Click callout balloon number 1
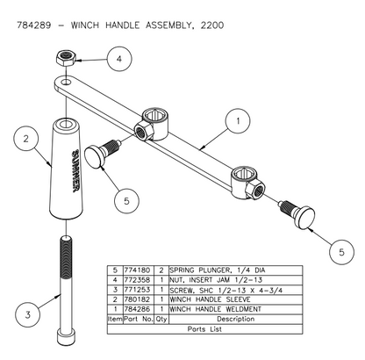[x=233, y=117]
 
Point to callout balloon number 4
[x=121, y=59]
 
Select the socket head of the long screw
[x=65, y=337]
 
